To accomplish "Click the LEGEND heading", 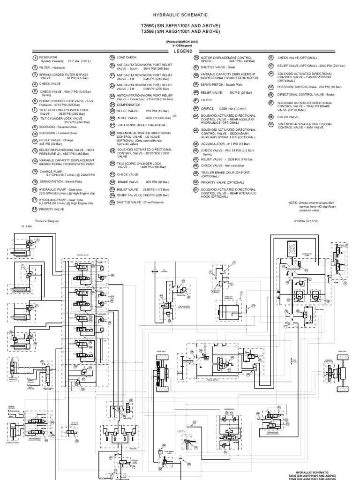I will pos(180,50).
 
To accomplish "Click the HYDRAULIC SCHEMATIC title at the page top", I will pos(180,15).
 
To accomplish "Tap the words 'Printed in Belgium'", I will pos(47,220).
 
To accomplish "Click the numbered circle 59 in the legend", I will pos(270,124).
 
